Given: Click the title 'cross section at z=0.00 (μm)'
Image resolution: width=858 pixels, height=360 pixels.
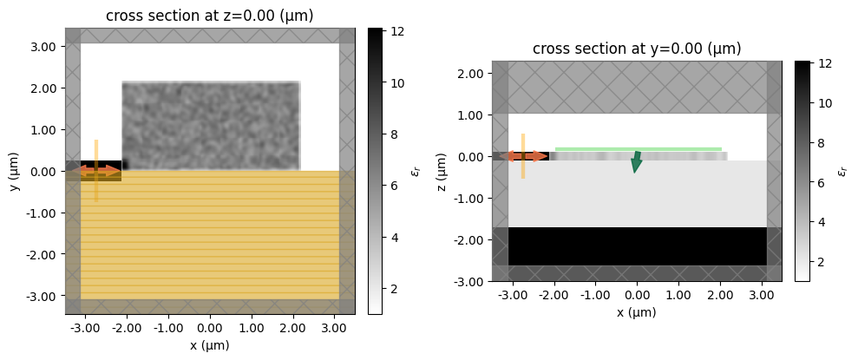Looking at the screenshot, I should (x=210, y=16).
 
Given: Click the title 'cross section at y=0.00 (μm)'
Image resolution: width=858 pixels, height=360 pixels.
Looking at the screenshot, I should (x=638, y=49).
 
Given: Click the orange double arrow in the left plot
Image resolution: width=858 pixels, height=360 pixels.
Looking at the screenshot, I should (x=101, y=171).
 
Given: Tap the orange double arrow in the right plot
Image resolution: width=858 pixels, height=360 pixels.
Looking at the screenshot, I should (x=527, y=156).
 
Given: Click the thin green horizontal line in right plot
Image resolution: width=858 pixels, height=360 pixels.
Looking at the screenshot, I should (x=638, y=149).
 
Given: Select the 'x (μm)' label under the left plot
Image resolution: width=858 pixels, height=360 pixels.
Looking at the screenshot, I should (x=210, y=345).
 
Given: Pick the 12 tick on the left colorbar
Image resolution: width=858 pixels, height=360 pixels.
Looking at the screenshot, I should (x=401, y=31).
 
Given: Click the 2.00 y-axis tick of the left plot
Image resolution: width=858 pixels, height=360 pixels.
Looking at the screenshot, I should (x=43, y=88).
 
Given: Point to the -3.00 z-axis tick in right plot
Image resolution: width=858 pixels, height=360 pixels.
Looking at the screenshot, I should (x=469, y=281).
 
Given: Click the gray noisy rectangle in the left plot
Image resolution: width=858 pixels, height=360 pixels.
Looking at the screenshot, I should (x=211, y=126).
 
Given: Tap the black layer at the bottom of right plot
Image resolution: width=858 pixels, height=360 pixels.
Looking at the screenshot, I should (x=638, y=246).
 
